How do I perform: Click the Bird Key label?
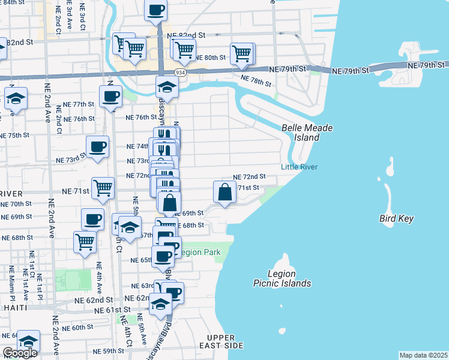396,218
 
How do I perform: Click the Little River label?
300,167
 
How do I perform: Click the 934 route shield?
180,72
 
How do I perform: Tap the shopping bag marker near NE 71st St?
224,193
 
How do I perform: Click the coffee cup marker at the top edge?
156,10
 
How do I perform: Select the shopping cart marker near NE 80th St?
242,53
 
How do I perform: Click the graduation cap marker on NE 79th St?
167,88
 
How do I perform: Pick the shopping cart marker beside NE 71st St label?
103,188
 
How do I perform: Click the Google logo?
19,353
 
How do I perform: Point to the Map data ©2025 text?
423,355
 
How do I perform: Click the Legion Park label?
197,252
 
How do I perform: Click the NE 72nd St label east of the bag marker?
249,177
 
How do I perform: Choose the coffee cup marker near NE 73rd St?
97,146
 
